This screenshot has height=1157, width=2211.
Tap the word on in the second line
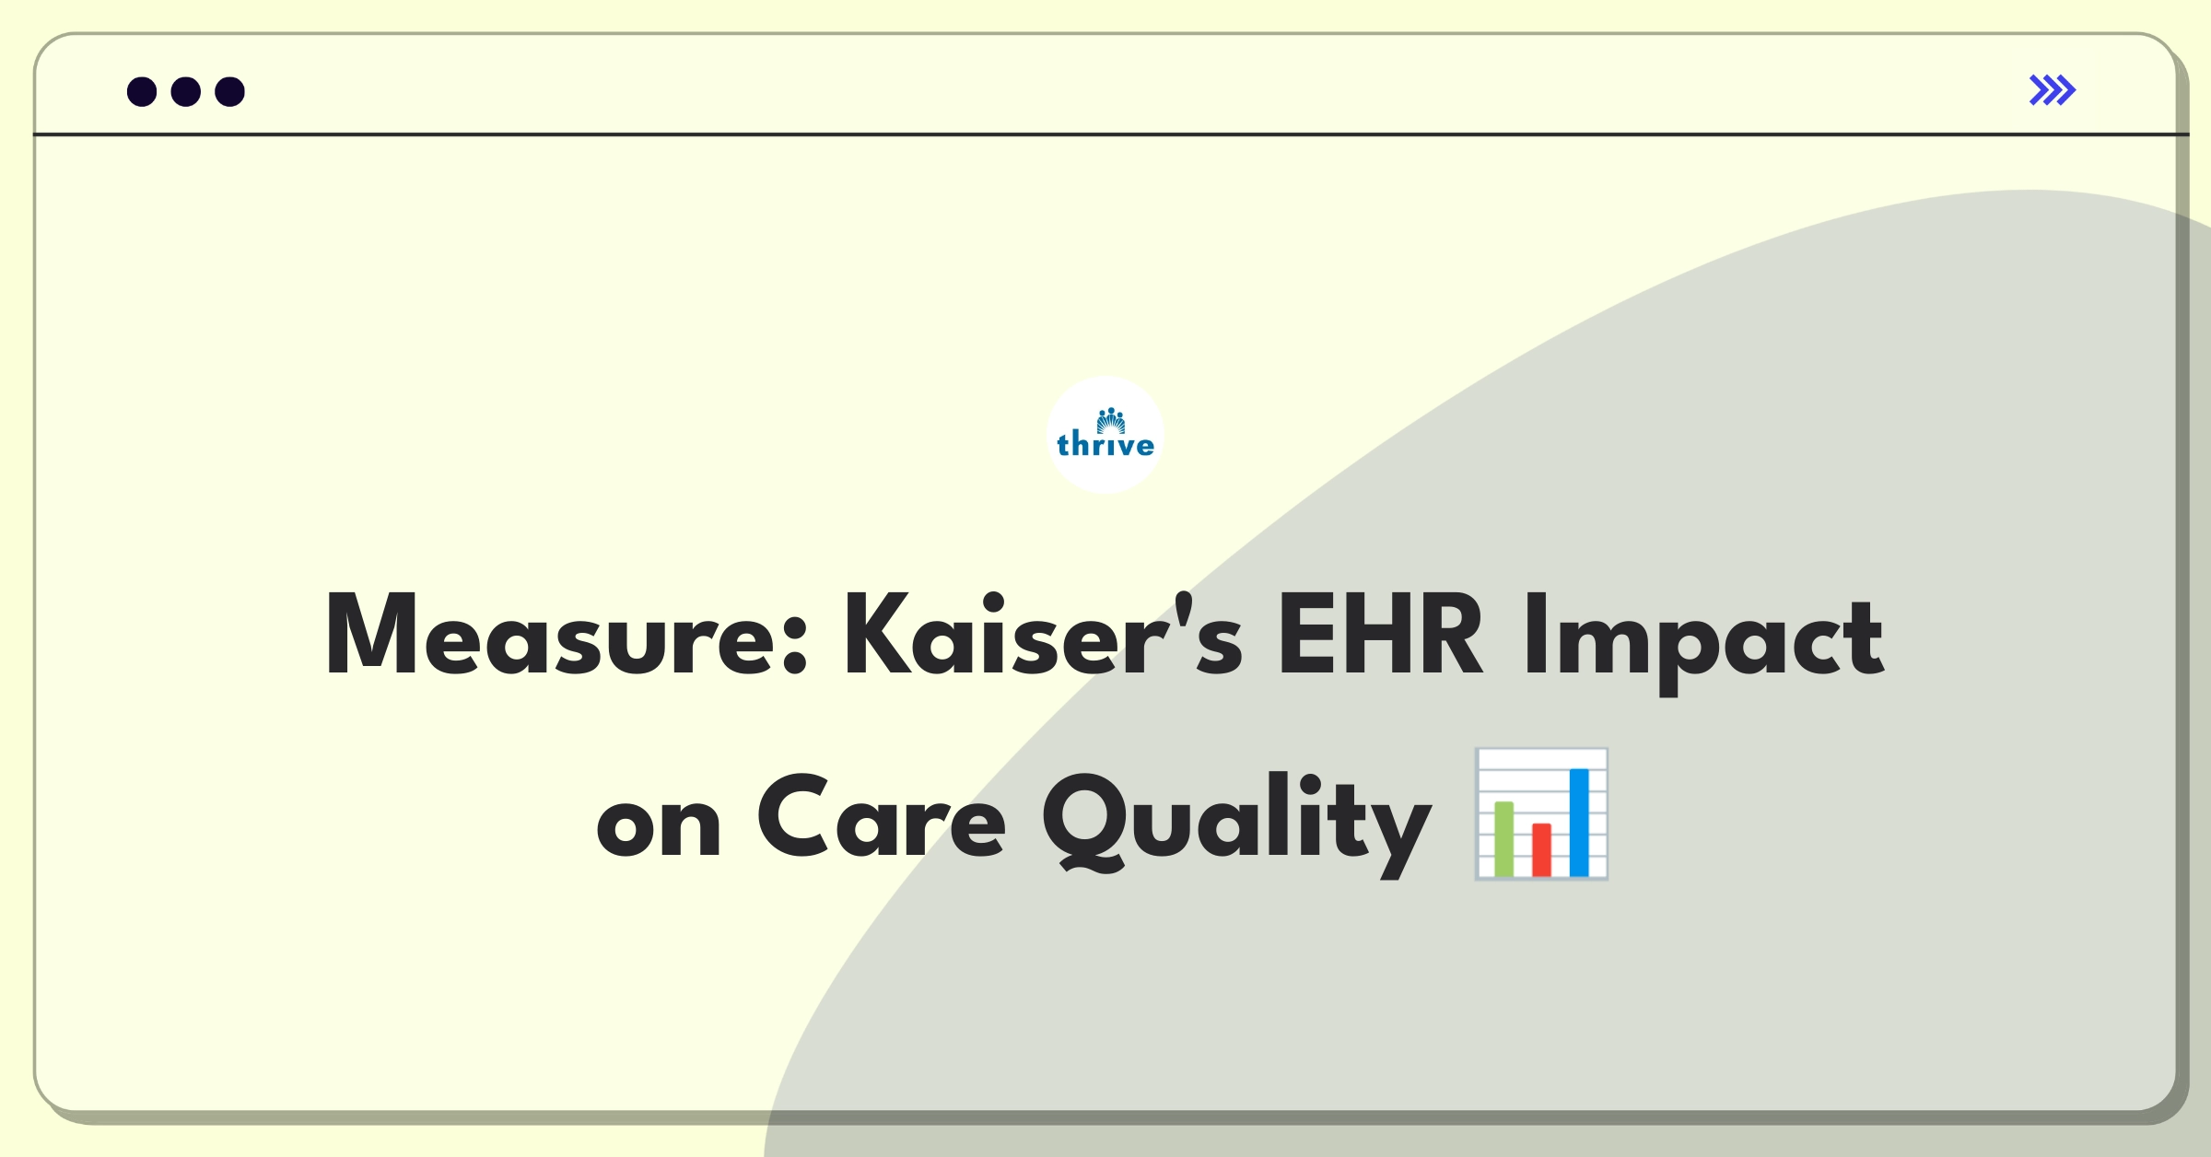point(658,825)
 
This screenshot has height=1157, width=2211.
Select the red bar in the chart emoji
point(1541,849)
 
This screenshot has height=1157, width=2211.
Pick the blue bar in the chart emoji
point(1579,822)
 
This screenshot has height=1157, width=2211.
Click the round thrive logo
point(1105,435)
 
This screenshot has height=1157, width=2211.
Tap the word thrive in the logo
point(1105,445)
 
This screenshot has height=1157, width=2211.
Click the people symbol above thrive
point(1111,420)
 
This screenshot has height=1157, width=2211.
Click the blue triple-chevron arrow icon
point(2052,90)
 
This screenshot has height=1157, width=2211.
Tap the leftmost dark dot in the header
point(142,91)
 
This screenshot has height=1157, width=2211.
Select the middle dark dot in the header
point(186,91)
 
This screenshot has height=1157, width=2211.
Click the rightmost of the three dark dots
point(229,91)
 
